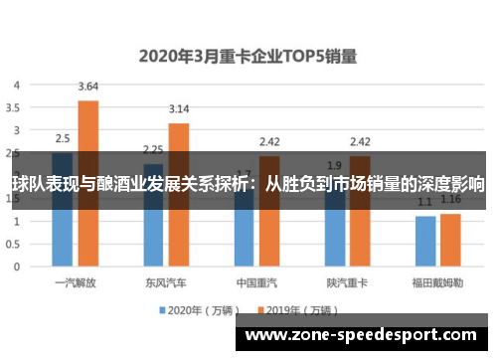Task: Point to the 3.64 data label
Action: (x=87, y=86)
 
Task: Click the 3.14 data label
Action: (x=179, y=108)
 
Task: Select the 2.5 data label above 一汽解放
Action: (x=62, y=138)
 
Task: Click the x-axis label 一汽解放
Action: (x=76, y=282)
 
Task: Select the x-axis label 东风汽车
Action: (x=166, y=282)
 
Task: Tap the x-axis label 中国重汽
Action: (x=256, y=282)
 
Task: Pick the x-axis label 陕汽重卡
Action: (x=347, y=282)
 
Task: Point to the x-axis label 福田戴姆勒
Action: (x=437, y=282)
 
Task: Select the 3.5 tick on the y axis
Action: (x=14, y=107)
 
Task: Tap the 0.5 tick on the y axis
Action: (x=14, y=243)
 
